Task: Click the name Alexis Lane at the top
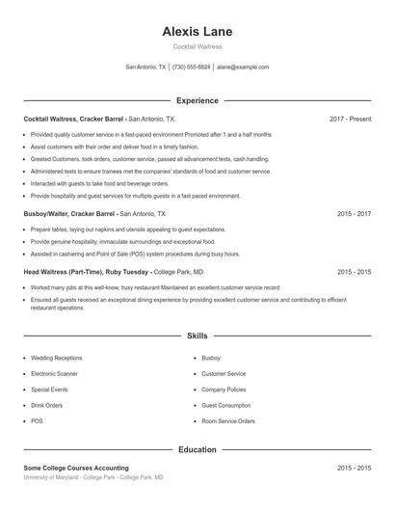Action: pyautogui.click(x=197, y=32)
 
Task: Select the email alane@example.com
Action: pyautogui.click(x=243, y=67)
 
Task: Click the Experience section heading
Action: pyautogui.click(x=197, y=100)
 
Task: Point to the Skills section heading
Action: pyautogui.click(x=197, y=336)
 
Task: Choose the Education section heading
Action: pyautogui.click(x=197, y=449)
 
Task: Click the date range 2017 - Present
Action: pyautogui.click(x=350, y=119)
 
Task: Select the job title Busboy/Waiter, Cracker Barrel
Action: pyautogui.click(x=69, y=213)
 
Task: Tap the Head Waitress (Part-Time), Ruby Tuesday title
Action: pyautogui.click(x=86, y=273)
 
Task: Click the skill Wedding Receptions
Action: pyautogui.click(x=57, y=358)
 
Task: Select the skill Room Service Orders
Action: pyautogui.click(x=227, y=421)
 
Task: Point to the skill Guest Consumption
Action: pyautogui.click(x=226, y=405)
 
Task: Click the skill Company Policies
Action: pyautogui.click(x=224, y=390)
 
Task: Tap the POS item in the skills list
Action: pyautogui.click(x=37, y=421)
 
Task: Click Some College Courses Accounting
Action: pyautogui.click(x=76, y=468)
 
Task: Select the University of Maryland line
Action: pyautogui.click(x=92, y=477)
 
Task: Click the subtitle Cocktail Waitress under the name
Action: pyautogui.click(x=197, y=46)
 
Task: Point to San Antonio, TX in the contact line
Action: pyautogui.click(x=145, y=67)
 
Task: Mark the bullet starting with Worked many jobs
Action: pyautogui.click(x=154, y=287)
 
